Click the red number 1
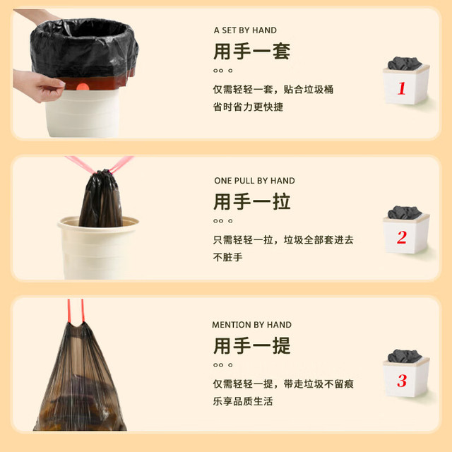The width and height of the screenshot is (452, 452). pos(402,88)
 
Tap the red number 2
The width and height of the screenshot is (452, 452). pos(402,237)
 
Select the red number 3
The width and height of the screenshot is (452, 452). pos(402,381)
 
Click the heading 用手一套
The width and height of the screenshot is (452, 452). pos(251,52)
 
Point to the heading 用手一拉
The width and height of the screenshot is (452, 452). pos(251,202)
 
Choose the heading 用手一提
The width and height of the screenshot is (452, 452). pos(251,345)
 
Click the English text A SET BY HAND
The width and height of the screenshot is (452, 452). pos(245,30)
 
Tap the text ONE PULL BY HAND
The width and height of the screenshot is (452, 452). pos(254,181)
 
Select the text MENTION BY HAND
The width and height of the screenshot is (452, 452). pos(251,325)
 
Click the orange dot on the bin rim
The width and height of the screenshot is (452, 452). pos(83,87)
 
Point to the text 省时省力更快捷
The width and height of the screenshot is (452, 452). pos(248,107)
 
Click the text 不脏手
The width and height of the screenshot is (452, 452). pos(227,257)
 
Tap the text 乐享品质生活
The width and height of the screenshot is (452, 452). pos(243,401)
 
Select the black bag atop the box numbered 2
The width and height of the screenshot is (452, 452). pos(405,213)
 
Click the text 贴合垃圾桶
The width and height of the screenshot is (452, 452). pos(309,90)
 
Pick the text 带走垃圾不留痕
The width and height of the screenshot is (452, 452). pos(319,383)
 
